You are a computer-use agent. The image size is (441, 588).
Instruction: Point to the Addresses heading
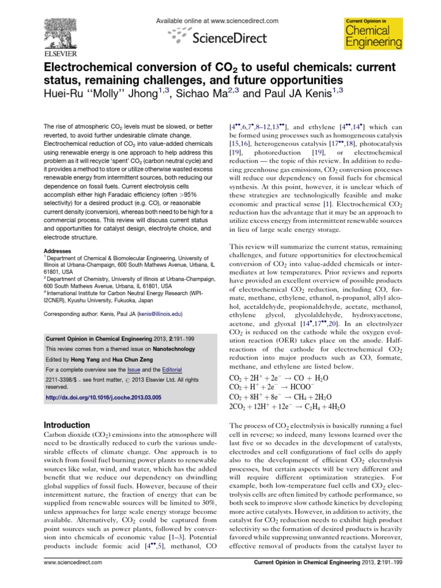coord(57,251)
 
